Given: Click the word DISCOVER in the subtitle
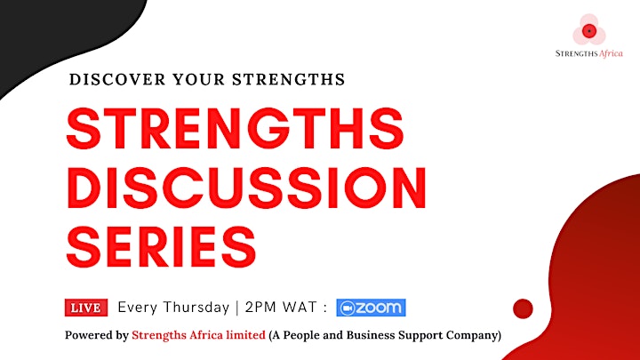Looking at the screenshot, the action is click(117, 79).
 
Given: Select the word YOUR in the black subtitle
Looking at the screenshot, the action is click(198, 79).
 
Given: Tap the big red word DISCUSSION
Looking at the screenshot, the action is click(246, 188).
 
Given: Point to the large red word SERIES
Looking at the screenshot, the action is click(161, 247).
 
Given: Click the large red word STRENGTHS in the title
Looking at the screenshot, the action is click(235, 129).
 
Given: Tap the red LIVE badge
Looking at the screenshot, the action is click(86, 308).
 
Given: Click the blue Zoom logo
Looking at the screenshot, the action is click(371, 308).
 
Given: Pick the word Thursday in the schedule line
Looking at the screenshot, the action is click(196, 308).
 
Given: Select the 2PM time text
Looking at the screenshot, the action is click(260, 307).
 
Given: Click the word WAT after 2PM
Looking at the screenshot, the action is click(300, 307).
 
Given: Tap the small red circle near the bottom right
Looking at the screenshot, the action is click(523, 308).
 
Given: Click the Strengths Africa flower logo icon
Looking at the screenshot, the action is click(589, 30).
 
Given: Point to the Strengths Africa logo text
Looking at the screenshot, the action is click(589, 53).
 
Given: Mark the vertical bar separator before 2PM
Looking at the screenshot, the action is click(237, 308).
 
